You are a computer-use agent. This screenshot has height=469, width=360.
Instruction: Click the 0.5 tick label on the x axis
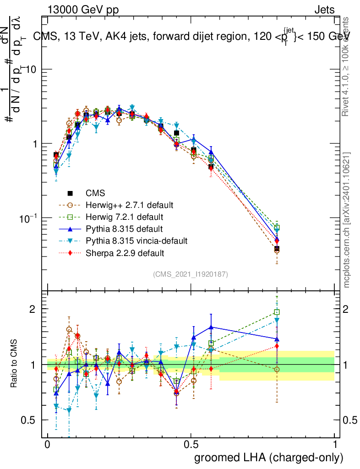(x=191, y=445)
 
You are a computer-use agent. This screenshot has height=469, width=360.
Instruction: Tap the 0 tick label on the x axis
(x=48, y=445)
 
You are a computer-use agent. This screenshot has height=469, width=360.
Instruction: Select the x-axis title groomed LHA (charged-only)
(x=269, y=457)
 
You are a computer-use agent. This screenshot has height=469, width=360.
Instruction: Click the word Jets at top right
(x=324, y=10)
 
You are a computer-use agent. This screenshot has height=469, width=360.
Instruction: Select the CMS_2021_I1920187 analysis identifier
(x=191, y=274)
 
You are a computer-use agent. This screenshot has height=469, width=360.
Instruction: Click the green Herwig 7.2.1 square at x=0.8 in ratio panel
(x=277, y=312)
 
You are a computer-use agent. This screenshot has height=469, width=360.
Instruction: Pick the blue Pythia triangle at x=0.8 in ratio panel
(x=277, y=339)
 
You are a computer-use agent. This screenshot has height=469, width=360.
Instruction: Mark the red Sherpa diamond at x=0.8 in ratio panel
(x=277, y=346)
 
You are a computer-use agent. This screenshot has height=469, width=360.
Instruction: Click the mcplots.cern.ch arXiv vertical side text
(x=347, y=220)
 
